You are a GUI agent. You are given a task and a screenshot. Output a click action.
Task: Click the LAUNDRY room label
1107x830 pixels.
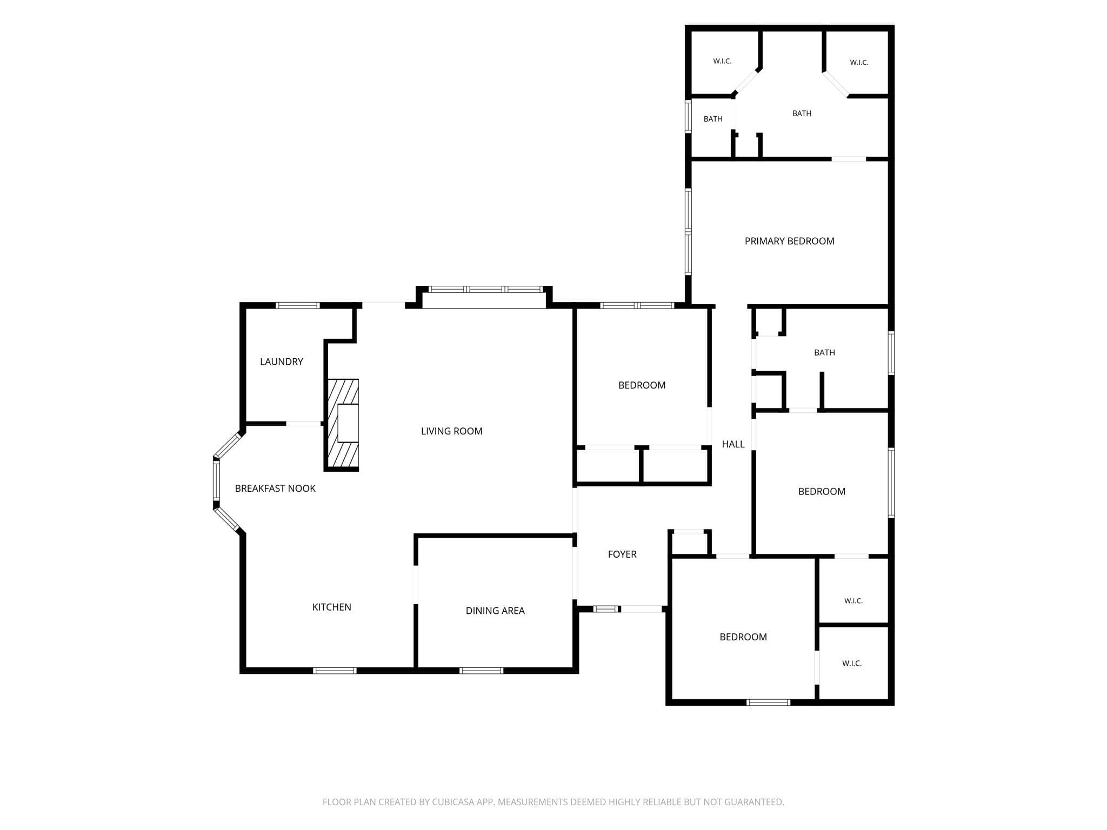pos(281,362)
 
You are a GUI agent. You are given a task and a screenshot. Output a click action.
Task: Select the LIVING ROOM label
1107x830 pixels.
pos(451,431)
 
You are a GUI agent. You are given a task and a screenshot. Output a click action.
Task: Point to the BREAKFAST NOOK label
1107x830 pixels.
pos(275,488)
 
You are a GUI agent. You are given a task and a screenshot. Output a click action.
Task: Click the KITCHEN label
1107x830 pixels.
pos(331,607)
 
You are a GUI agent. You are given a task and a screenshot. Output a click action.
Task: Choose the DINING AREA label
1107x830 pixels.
pos(495,611)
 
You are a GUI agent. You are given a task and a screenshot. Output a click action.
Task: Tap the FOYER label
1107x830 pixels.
pos(622,554)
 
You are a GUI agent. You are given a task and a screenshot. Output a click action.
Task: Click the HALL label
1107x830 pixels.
pos(733,444)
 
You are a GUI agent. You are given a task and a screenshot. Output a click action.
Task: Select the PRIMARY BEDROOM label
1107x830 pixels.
pos(789,241)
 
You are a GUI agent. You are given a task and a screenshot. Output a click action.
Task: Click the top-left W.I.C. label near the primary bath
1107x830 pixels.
pos(722,61)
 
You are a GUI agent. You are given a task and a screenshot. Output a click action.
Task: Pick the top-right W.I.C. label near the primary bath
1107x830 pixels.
pos(859,63)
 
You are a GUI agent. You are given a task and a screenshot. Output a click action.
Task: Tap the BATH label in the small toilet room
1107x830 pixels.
pos(713,119)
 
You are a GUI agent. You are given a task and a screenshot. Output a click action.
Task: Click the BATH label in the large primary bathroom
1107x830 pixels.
pos(802,113)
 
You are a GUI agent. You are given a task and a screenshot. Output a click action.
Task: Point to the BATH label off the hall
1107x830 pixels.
pos(824,352)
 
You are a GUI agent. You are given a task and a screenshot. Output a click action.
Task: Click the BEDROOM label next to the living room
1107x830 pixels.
pos(642,385)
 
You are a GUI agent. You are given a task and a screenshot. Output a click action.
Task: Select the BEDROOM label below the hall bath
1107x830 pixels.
pos(822,491)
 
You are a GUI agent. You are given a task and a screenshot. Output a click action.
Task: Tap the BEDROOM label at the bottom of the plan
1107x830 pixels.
pos(743,637)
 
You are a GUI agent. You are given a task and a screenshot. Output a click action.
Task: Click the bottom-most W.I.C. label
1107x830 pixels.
pos(852,664)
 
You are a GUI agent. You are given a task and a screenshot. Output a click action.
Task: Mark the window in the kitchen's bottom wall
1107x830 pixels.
pos(335,671)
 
